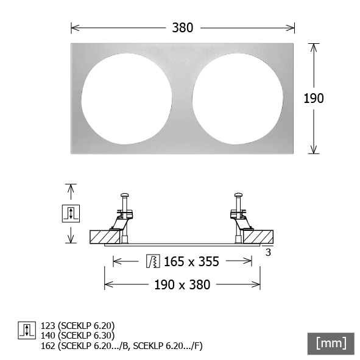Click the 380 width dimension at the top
pos(183,28)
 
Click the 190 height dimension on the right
pos(314,98)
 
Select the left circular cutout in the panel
pos(127,99)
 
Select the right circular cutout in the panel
pos(238,99)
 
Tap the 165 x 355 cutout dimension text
pos(191,261)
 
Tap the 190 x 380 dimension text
pos(182,284)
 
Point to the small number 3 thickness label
pos(268,252)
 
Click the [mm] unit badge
pos(331,344)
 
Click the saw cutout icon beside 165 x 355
pos(153,261)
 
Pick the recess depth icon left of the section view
pos(71,214)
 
